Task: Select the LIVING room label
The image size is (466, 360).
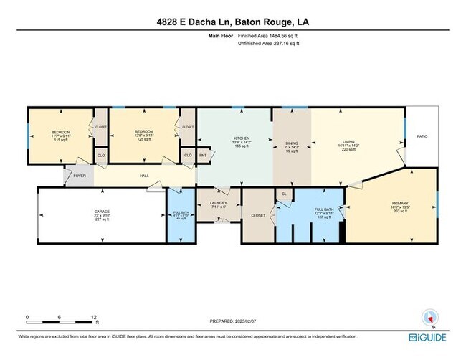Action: (x=348, y=142)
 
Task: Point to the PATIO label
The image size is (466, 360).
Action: (x=422, y=136)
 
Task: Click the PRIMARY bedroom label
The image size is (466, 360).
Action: (x=389, y=203)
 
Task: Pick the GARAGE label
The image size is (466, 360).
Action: (x=102, y=212)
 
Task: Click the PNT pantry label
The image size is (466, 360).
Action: (x=204, y=156)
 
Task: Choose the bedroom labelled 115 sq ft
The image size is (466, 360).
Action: (x=60, y=132)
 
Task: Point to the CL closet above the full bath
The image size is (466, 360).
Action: (x=284, y=194)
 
